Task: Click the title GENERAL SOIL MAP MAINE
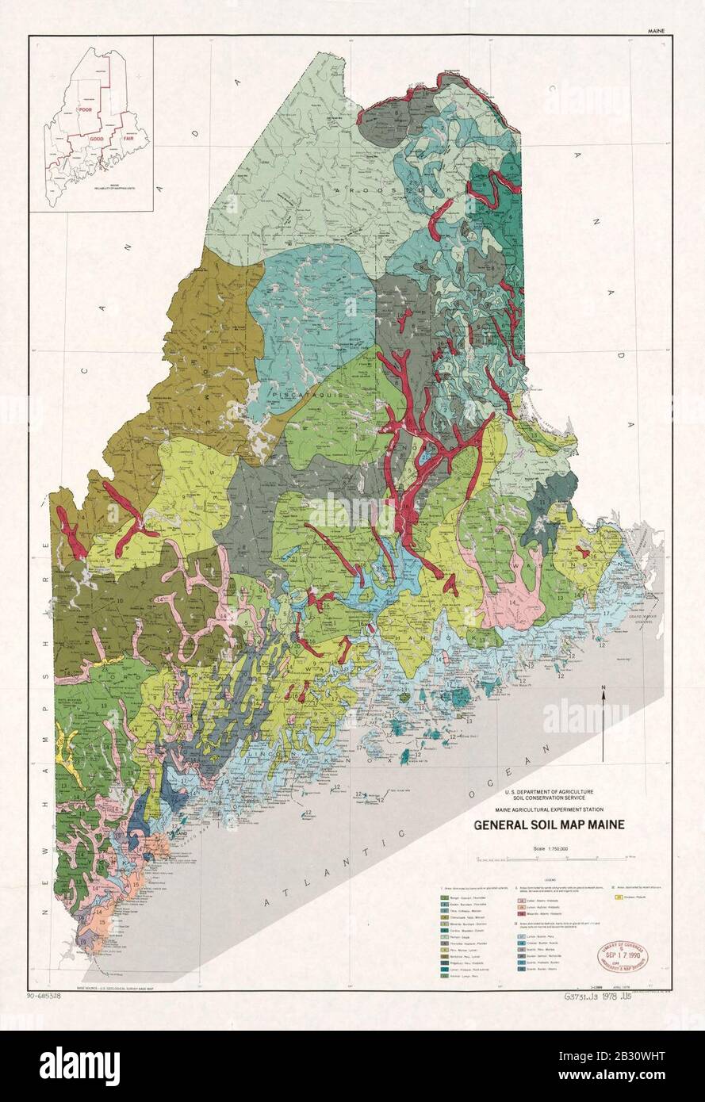tap(549, 825)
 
